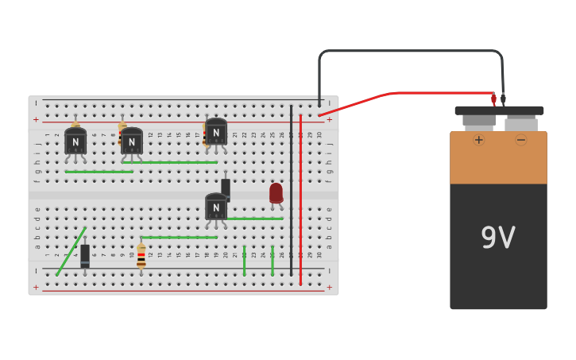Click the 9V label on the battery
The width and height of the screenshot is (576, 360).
498,238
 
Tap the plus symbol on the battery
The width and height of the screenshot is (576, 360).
478,140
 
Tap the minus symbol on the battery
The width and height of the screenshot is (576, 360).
521,140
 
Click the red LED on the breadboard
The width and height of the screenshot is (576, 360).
276,193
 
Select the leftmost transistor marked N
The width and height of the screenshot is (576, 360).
75,141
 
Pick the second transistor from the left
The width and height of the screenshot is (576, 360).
132,142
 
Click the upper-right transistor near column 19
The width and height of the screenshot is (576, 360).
216,132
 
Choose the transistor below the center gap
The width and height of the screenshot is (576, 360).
215,207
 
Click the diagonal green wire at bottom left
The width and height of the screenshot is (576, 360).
72,251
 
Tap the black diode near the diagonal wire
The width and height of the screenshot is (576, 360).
85,255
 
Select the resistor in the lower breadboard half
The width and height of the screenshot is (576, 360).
141,256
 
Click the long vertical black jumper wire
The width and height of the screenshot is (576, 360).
291,191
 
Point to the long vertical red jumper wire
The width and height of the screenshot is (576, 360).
300,199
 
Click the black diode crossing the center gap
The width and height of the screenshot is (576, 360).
226,188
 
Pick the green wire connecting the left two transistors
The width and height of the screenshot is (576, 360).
99,172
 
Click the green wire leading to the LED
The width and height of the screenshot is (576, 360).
254,219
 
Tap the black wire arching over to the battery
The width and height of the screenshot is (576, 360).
409,51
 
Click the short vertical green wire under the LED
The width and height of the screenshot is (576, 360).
273,261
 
